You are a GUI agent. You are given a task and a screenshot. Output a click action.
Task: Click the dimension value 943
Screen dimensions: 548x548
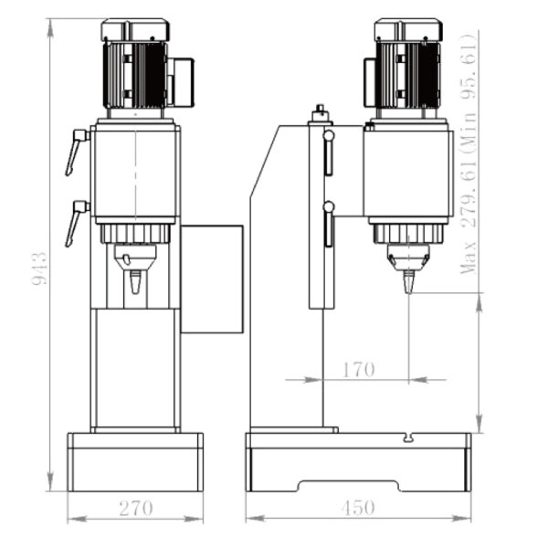[39, 269]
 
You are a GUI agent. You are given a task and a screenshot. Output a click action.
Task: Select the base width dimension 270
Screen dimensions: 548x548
[135, 507]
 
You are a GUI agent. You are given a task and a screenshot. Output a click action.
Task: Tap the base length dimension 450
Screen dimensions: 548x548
[358, 507]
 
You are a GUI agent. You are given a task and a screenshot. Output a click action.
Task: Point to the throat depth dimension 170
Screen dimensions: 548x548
[358, 370]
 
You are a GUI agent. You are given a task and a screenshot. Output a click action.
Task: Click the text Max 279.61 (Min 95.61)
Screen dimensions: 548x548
[470, 151]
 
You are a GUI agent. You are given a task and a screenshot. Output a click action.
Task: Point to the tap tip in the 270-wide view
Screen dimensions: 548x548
[135, 283]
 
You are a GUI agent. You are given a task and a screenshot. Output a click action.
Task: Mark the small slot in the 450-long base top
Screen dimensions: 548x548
[407, 438]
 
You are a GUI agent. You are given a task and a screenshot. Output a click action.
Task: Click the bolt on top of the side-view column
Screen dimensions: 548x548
[320, 113]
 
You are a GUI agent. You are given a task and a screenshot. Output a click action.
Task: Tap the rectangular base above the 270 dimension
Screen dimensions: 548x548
[135, 461]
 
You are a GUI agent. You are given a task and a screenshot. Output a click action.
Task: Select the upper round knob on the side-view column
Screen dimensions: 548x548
[329, 136]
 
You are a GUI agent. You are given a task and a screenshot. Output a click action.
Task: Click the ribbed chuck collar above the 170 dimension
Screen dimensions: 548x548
[407, 234]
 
